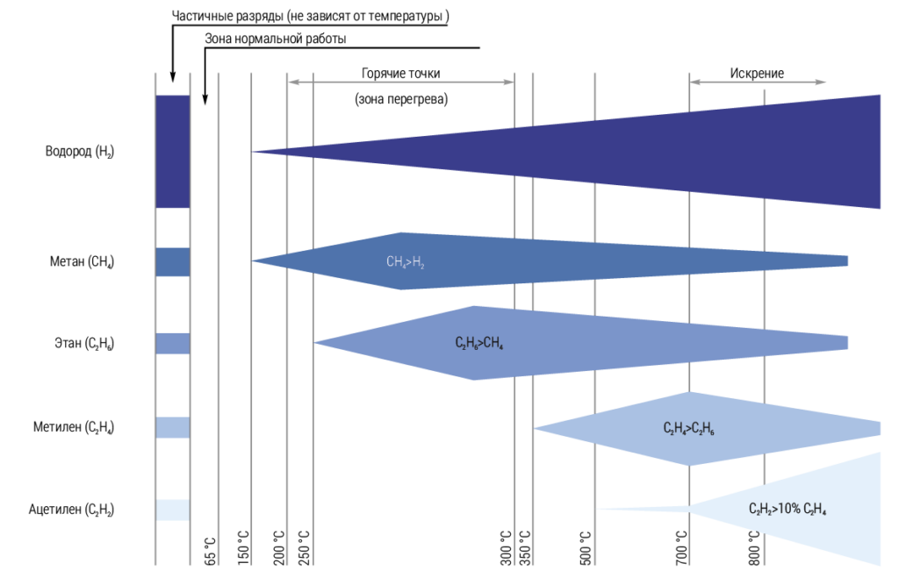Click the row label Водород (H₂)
[80, 151]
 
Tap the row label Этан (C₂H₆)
[83, 343]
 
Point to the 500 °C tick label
[586, 547]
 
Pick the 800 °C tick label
[754, 547]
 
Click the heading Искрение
[757, 74]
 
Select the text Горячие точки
[400, 74]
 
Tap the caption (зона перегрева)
[401, 99]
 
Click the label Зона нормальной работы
[276, 39]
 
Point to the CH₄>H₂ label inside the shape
[406, 261]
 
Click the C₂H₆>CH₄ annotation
[478, 344]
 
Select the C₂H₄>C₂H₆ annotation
[688, 428]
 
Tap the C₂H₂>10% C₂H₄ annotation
[788, 509]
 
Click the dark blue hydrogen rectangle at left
[173, 151]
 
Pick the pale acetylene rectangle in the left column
[173, 510]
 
